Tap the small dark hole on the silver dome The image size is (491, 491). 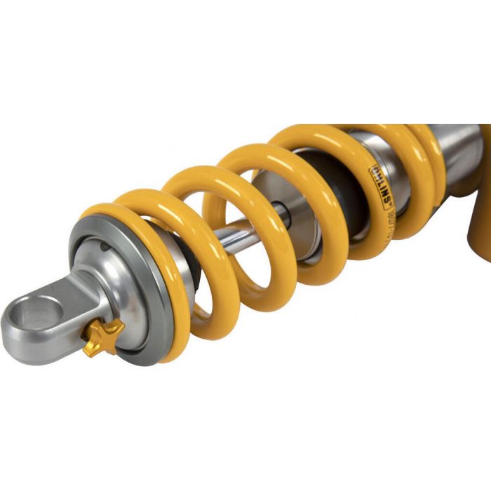104,246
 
